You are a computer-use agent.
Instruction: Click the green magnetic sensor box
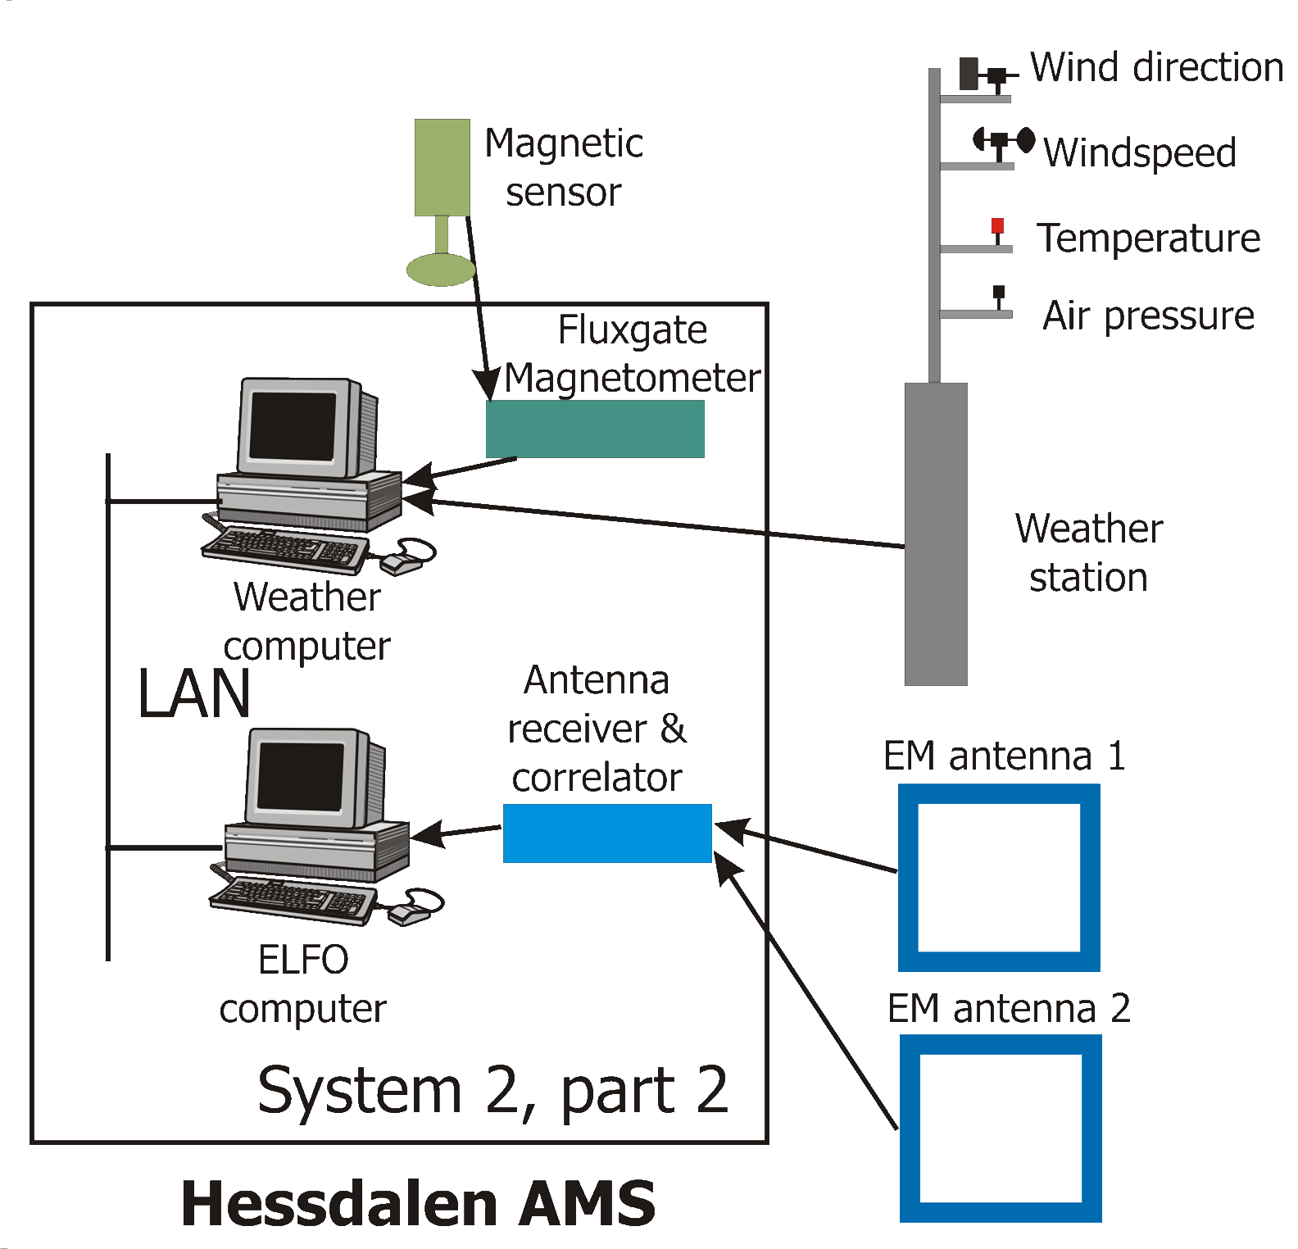pos(442,167)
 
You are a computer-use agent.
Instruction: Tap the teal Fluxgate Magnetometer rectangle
pos(595,429)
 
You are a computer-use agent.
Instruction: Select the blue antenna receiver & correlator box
pos(606,833)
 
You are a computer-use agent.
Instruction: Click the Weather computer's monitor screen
pos(293,426)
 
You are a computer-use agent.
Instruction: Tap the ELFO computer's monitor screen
pos(300,776)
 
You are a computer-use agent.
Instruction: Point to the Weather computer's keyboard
pos(283,547)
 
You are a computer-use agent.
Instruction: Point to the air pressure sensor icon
pos(998,293)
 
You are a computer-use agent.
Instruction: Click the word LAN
pos(194,694)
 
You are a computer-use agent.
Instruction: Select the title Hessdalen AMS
pos(418,1203)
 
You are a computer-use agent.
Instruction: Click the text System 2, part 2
pos(492,1090)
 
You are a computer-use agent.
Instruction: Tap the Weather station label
pos(1088,552)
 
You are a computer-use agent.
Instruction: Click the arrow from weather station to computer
pos(656,523)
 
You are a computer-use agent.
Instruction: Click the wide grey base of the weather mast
pos(936,533)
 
